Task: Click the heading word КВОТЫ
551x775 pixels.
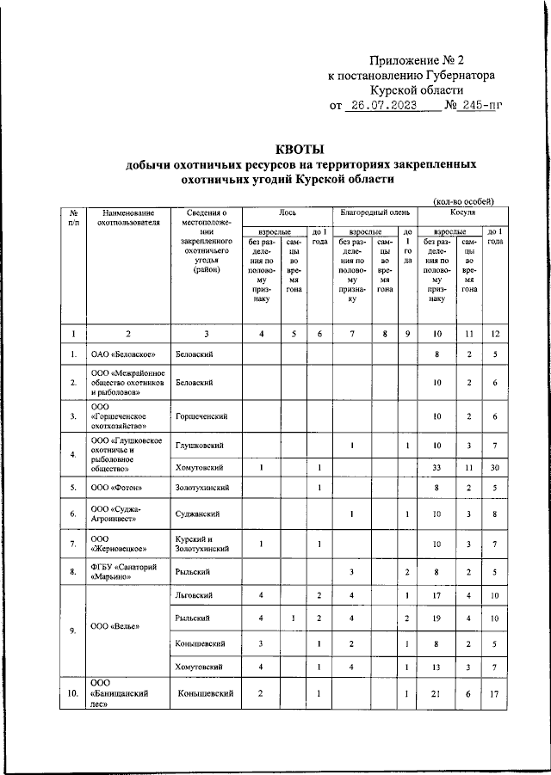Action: [300, 148]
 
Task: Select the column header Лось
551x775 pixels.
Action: [288, 212]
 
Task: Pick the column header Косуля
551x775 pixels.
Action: [461, 212]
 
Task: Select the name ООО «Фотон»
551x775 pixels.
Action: [122, 488]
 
